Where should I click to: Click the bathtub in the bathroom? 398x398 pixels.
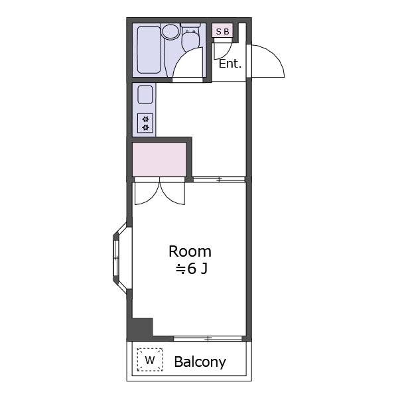(149, 50)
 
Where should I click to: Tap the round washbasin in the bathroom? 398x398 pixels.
(171, 31)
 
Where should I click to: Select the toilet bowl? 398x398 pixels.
(190, 38)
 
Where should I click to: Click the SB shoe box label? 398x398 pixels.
(223, 31)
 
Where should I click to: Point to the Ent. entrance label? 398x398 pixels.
(230, 64)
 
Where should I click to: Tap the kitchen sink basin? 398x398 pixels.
(145, 94)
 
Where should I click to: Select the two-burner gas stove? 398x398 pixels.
(145, 123)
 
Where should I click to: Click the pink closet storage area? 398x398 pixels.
(160, 159)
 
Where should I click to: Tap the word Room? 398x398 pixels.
(190, 251)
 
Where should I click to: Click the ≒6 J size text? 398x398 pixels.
(192, 269)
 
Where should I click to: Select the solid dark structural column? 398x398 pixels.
(140, 328)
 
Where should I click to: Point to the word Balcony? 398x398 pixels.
(200, 362)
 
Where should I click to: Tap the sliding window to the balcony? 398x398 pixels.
(208, 338)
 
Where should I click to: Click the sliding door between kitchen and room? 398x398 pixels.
(219, 179)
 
